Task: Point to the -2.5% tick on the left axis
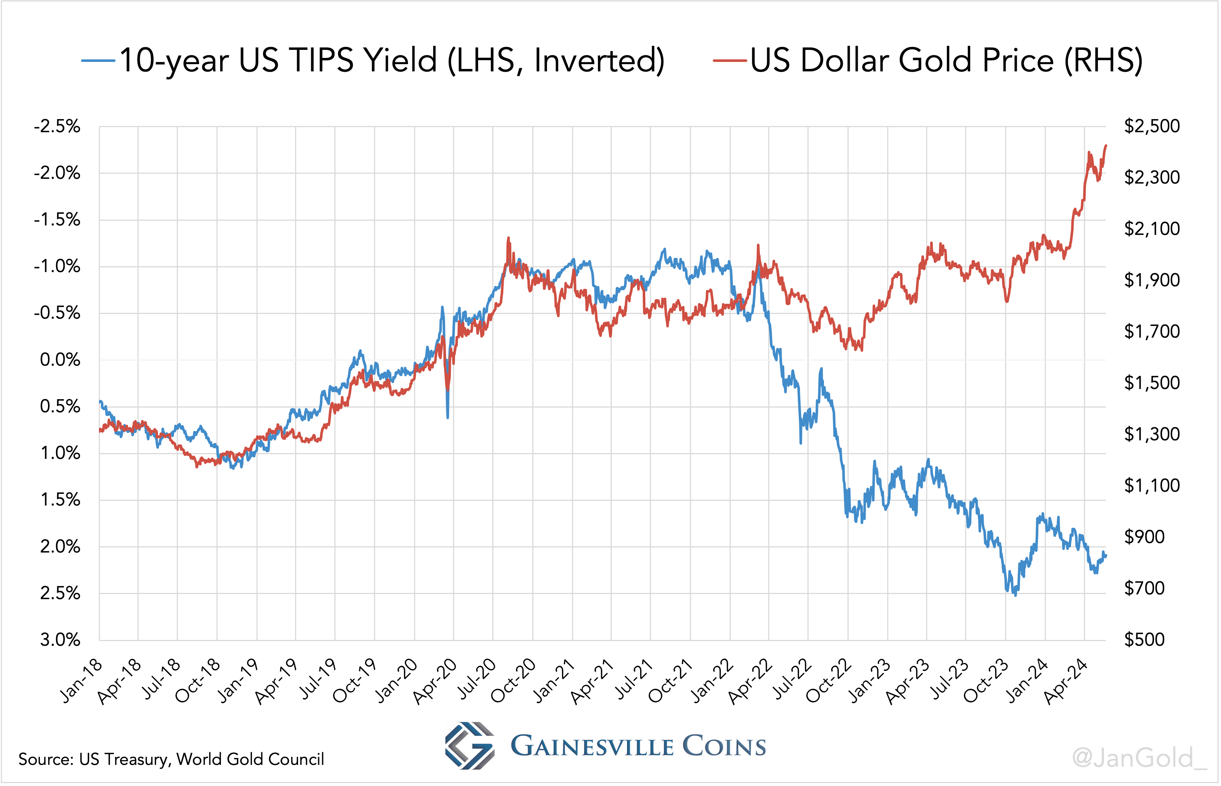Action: point(57,126)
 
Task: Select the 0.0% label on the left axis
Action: point(60,360)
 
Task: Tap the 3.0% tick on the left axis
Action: point(60,640)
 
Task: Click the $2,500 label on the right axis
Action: point(1151,126)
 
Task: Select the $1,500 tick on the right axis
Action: point(1151,383)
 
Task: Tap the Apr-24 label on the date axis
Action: point(1066,682)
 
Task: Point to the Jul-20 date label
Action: point(476,679)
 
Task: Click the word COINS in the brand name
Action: point(724,747)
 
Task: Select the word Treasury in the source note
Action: point(135,759)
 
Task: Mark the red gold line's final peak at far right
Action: point(1106,145)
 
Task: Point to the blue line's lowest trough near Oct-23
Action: point(1015,595)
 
